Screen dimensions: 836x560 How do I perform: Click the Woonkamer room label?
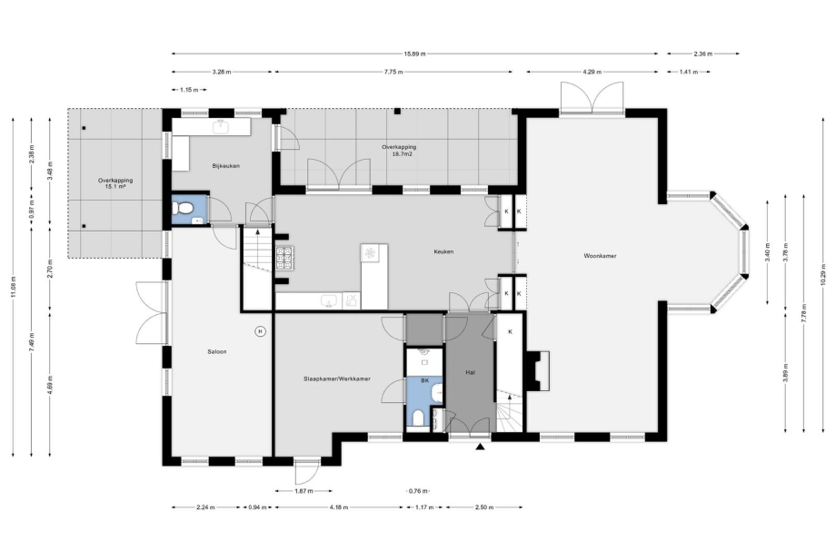tap(600, 256)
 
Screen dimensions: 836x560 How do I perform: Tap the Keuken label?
tap(443, 251)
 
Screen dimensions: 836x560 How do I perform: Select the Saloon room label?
tap(217, 351)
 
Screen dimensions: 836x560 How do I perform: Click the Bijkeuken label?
tap(226, 166)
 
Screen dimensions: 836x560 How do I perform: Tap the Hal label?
tap(471, 373)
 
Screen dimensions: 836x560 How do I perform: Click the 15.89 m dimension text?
tap(414, 54)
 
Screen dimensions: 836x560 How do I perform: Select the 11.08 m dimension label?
tap(13, 288)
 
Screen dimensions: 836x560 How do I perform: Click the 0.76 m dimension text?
tap(419, 491)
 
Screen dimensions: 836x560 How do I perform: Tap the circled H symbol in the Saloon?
tap(260, 331)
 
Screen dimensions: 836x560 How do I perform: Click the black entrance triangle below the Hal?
tap(481, 447)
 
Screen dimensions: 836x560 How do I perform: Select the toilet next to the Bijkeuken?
tap(184, 208)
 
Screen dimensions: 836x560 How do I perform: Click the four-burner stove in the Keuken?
tap(285, 257)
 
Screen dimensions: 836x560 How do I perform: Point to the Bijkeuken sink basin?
tap(220, 127)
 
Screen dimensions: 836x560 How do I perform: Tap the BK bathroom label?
tap(425, 380)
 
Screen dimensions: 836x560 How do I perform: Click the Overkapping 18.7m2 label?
tap(399, 151)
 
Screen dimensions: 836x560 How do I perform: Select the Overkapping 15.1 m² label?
tap(115, 183)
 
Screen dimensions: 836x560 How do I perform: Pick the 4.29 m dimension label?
tap(592, 72)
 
